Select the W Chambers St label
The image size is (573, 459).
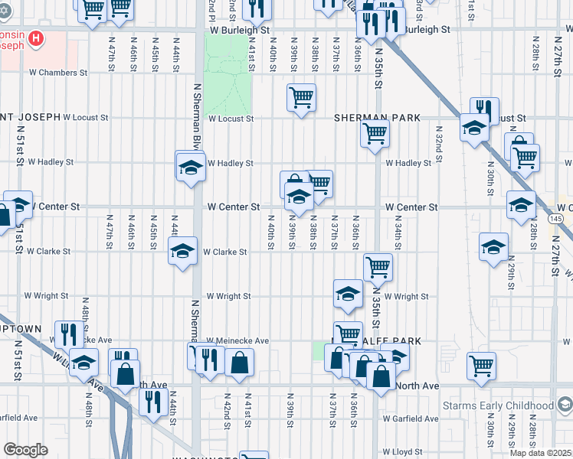pyautogui.click(x=58, y=73)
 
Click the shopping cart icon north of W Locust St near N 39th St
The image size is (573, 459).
pyautogui.click(x=302, y=97)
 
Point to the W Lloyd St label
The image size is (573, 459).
pyautogui.click(x=403, y=452)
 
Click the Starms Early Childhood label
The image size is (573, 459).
pyautogui.click(x=498, y=405)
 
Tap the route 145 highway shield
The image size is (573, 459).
pyautogui.click(x=556, y=219)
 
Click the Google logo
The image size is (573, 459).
pyautogui.click(x=25, y=450)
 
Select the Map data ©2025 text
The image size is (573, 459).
pyautogui.click(x=539, y=452)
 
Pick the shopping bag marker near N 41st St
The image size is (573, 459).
pyautogui.click(x=240, y=363)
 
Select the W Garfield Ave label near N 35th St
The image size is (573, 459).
pyautogui.click(x=411, y=418)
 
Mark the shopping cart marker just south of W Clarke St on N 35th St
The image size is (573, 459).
pyautogui.click(x=377, y=267)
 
